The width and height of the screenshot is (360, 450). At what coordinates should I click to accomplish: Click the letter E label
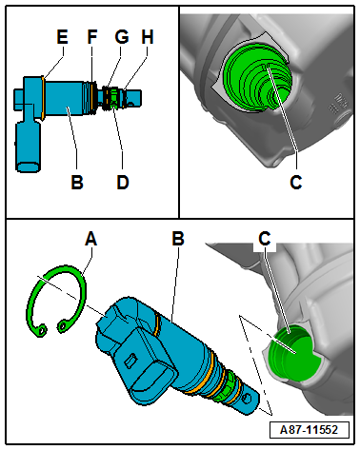(62, 37)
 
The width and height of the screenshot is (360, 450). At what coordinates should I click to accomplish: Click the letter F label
(92, 37)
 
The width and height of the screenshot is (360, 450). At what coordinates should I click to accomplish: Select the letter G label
(122, 37)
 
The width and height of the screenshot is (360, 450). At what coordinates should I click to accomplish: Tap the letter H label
(148, 37)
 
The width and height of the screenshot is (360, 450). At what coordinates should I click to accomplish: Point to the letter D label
(123, 182)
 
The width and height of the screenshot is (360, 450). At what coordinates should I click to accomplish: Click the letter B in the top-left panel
(77, 182)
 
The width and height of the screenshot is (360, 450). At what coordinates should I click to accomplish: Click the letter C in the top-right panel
(296, 182)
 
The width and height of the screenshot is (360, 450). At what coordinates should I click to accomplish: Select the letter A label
(91, 239)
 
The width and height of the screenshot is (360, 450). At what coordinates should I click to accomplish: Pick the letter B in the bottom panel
(178, 239)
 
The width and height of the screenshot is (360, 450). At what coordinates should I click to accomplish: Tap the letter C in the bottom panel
(265, 239)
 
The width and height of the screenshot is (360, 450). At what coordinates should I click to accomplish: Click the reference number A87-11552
(309, 430)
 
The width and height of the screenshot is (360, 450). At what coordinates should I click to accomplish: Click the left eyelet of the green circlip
(42, 330)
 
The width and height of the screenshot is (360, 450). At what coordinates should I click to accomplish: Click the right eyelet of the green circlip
(63, 326)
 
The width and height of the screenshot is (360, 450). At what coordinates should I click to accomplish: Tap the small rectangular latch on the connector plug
(130, 361)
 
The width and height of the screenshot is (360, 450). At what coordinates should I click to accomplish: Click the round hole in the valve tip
(248, 399)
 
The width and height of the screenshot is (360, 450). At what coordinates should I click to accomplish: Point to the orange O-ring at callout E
(43, 98)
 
